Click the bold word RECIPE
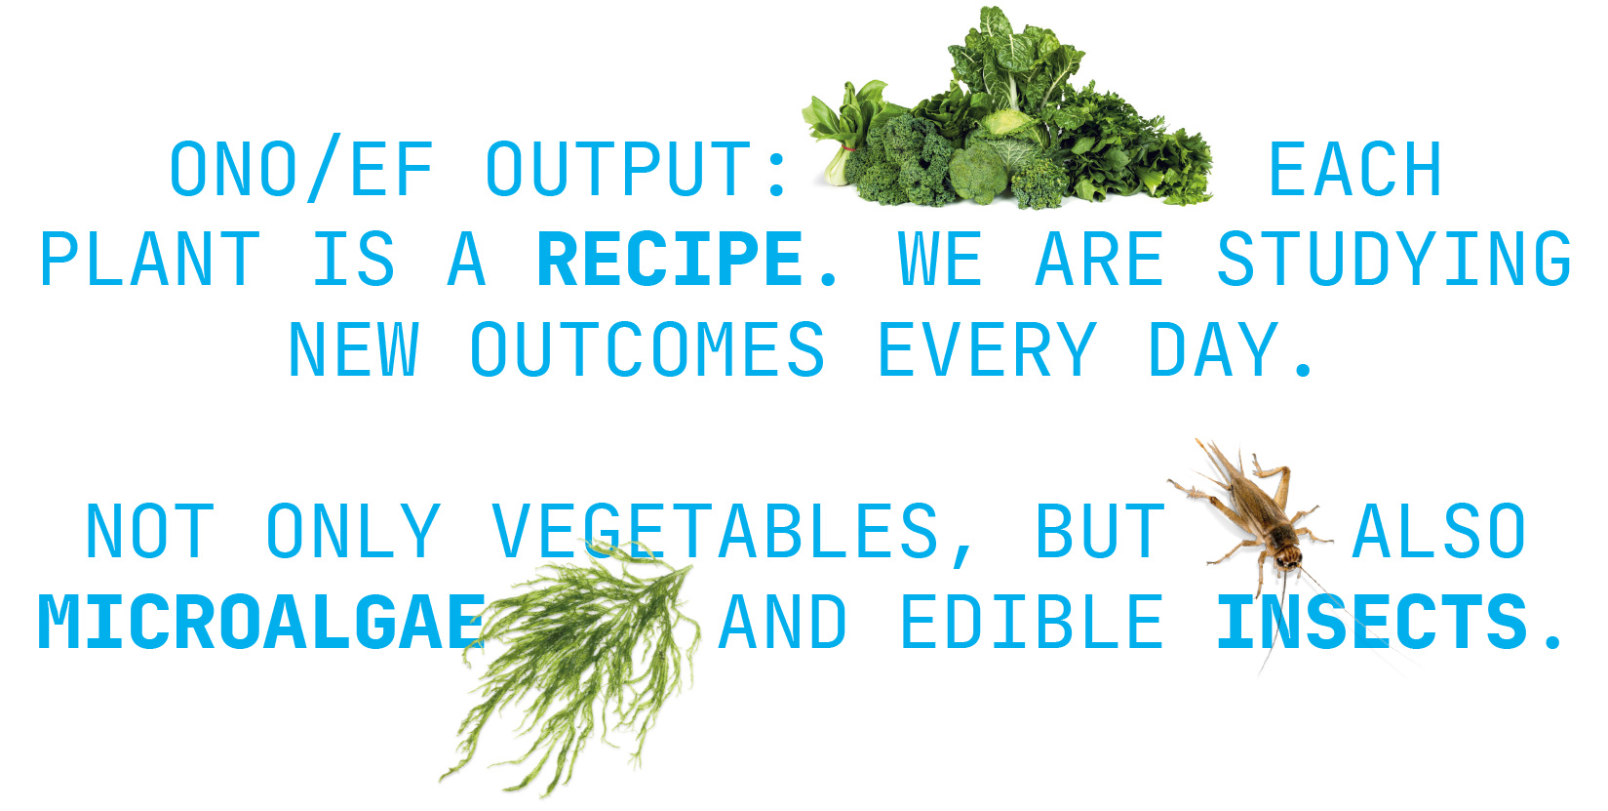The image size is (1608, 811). point(670,259)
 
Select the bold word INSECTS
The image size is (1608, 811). point(1372,622)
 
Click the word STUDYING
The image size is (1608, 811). point(1394,259)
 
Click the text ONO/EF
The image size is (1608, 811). point(302,169)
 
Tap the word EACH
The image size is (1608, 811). point(1355,169)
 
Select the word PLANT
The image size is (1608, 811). point(149,259)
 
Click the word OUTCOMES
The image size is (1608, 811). point(647,349)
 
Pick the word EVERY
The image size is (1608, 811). point(988,349)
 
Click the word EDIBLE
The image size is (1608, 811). point(1032,622)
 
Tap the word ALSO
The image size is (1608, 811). point(1438,532)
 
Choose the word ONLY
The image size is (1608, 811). point(353,532)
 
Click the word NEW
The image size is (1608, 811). point(353,349)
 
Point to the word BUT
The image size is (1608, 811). point(1100,532)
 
